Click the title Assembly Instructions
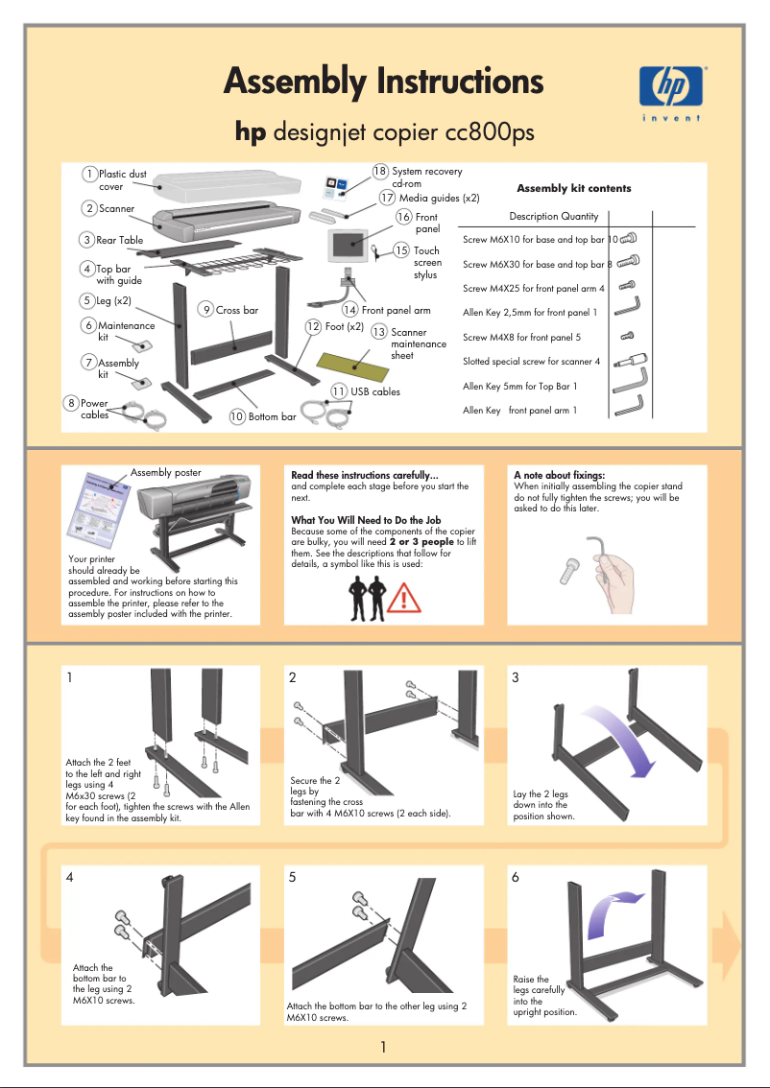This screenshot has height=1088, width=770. tap(383, 82)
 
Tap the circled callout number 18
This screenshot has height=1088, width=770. tap(380, 172)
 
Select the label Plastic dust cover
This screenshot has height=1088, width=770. tap(122, 180)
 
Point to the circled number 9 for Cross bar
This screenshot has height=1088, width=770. tap(206, 309)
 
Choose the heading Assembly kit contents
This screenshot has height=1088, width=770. tap(573, 189)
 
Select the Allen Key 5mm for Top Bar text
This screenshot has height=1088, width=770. tap(519, 387)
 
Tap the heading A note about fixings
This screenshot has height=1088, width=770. tap(559, 475)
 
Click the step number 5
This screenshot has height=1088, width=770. tap(293, 877)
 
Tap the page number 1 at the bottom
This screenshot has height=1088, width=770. tap(383, 1046)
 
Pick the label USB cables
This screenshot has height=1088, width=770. tap(375, 391)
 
